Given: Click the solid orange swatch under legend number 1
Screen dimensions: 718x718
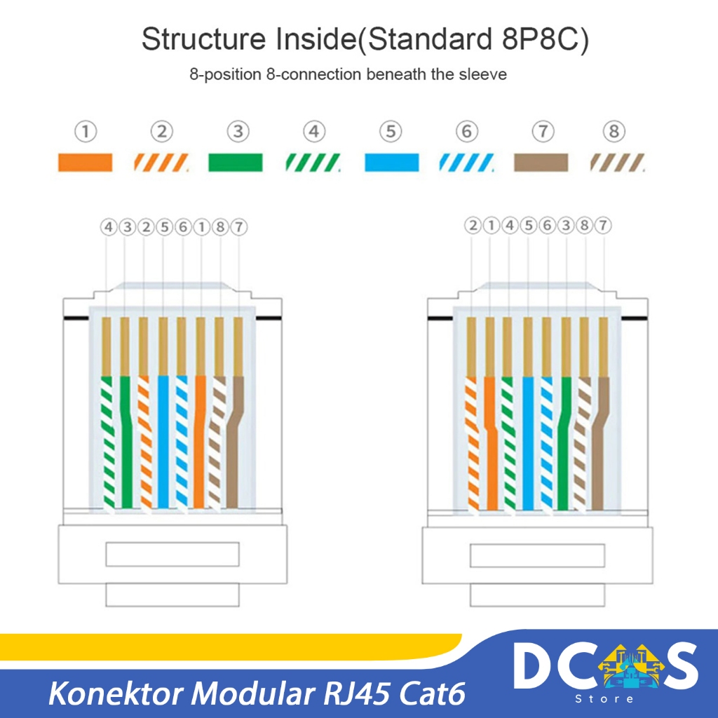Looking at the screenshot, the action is [85, 163].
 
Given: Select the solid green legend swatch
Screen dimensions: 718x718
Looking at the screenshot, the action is [236, 163].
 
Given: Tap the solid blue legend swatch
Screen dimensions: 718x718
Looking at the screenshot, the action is [391, 163].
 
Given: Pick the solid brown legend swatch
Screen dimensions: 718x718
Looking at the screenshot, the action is [541, 163].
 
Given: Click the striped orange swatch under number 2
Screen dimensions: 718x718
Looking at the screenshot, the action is [161, 163].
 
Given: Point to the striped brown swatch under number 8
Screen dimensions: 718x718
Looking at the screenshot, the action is [617, 163].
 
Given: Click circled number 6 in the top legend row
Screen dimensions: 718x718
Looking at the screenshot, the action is [467, 131].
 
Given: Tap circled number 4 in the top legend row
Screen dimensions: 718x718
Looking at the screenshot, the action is [314, 131].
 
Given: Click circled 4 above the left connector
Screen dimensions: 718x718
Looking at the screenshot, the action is [109, 226].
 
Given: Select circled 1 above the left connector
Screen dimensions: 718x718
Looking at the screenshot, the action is [201, 226].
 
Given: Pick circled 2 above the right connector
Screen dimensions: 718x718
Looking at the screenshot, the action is [473, 225].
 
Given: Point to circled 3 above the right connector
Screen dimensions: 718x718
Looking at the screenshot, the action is [566, 225].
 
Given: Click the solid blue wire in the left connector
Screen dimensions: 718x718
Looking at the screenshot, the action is [163, 442].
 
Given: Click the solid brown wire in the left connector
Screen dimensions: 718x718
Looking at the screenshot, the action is [233, 442].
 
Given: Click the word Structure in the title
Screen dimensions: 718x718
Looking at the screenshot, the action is [203, 39].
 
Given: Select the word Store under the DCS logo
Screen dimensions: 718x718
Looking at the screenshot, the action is [604, 699].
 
